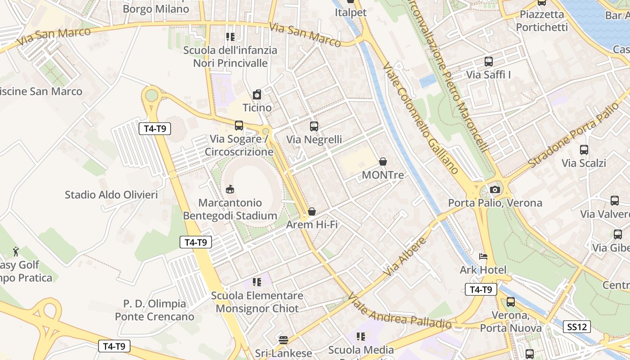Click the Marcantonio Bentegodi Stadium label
click(x=230, y=209)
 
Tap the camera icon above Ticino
click(x=257, y=94)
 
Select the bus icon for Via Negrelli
click(x=314, y=126)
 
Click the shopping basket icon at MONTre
click(x=383, y=161)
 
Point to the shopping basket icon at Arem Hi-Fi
click(x=311, y=211)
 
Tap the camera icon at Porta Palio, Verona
click(x=495, y=189)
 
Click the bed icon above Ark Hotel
click(x=483, y=257)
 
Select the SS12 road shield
click(x=576, y=327)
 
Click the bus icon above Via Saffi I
click(x=489, y=62)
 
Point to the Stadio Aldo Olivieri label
click(x=111, y=195)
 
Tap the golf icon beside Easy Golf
click(x=16, y=251)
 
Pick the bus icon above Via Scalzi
click(x=584, y=150)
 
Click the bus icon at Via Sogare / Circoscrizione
click(x=239, y=126)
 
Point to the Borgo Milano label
click(x=156, y=9)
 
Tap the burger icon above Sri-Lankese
click(x=283, y=340)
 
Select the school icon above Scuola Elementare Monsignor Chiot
click(x=257, y=282)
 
